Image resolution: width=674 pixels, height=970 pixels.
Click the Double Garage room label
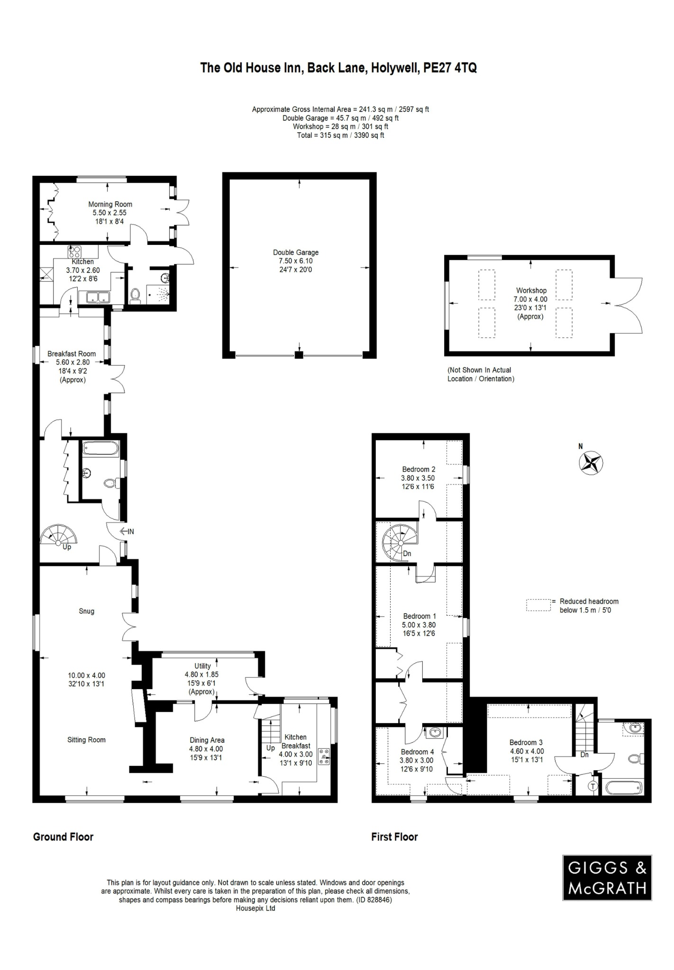[x=296, y=252]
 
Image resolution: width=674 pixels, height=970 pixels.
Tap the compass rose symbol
[x=591, y=463]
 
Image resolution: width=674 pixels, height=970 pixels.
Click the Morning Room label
[x=110, y=204]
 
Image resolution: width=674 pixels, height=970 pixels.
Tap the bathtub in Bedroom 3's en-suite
[x=624, y=788]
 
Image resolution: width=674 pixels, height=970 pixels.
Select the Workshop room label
[x=531, y=290]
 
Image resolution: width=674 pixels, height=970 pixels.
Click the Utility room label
[x=202, y=665]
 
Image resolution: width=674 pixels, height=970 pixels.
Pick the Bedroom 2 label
[x=418, y=469]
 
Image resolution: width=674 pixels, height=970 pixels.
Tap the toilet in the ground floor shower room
[x=135, y=295]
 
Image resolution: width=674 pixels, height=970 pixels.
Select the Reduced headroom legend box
[x=538, y=605]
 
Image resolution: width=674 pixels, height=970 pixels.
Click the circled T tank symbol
[x=592, y=786]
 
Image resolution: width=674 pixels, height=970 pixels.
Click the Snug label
[x=86, y=611]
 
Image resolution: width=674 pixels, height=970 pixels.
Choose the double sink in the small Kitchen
[x=98, y=297]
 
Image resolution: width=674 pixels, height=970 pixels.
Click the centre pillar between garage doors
[x=298, y=355]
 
